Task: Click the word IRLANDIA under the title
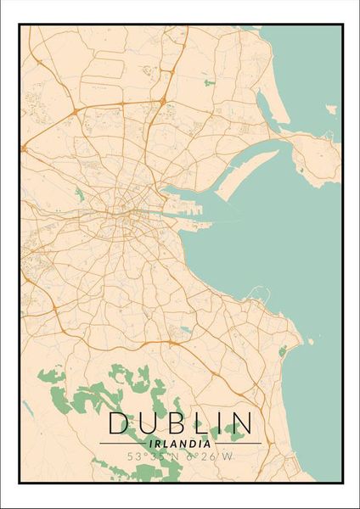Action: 180,443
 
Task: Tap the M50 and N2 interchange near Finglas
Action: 76,110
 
